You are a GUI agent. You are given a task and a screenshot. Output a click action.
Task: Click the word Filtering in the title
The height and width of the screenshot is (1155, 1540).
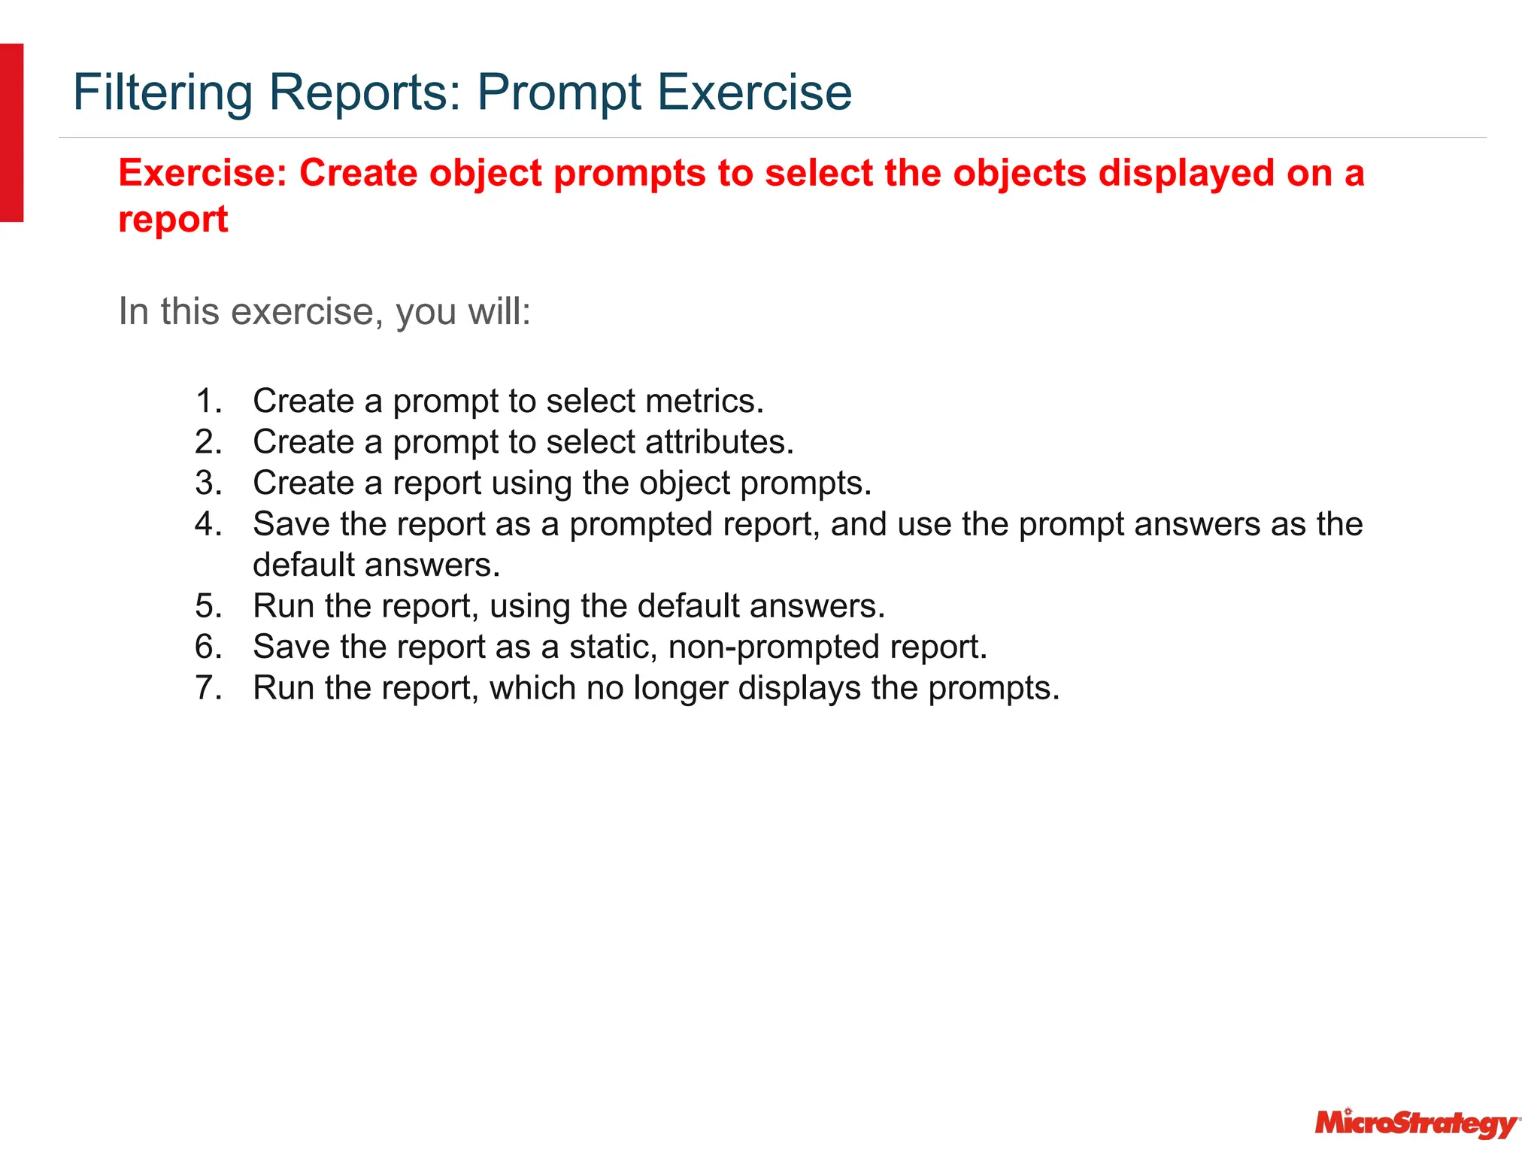point(162,92)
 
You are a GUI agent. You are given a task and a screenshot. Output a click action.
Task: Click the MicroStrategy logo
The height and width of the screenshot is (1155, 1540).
point(1417,1123)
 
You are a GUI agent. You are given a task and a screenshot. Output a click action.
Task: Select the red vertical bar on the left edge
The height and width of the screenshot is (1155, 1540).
point(11,132)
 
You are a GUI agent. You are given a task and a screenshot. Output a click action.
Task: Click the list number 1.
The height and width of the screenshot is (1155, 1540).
point(208,401)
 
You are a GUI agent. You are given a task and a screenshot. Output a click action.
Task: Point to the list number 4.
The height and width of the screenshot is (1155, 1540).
point(208,524)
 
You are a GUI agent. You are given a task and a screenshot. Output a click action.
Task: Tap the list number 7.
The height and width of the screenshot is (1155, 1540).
point(208,688)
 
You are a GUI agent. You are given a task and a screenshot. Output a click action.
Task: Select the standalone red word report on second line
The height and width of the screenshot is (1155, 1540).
point(173,220)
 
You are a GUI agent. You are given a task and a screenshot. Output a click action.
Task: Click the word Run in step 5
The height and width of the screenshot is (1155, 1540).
point(283,606)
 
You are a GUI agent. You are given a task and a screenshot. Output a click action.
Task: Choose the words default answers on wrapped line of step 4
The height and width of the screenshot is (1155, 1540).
point(376,565)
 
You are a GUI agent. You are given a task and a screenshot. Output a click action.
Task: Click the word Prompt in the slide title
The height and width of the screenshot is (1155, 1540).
point(559,92)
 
